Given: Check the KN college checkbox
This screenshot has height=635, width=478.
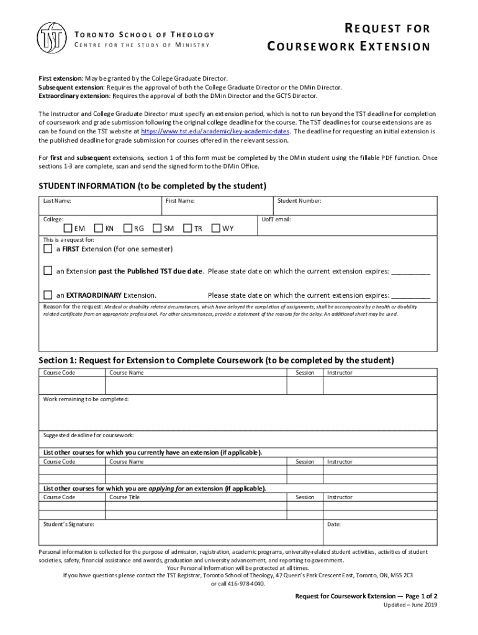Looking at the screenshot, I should [98, 228].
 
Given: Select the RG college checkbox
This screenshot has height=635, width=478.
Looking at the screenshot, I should [128, 228].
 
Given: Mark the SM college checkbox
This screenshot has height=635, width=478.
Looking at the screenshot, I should [157, 228].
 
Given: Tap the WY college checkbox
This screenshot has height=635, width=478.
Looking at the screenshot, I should [215, 228].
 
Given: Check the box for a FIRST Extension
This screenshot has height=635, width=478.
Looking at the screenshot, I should [48, 249].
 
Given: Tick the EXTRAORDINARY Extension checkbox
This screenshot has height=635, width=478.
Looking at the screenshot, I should [48, 295].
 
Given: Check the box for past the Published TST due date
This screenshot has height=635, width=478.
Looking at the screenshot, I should [48, 271].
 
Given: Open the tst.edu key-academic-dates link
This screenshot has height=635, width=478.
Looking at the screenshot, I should [215, 131].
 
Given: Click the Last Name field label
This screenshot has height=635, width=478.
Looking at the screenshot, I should [56, 201].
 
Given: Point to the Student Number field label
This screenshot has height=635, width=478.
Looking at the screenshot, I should [299, 201].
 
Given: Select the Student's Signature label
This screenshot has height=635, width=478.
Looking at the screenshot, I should [68, 525].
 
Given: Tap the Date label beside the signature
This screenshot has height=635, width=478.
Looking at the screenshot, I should [334, 525].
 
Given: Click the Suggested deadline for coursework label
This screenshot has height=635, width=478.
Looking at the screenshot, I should [88, 435].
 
